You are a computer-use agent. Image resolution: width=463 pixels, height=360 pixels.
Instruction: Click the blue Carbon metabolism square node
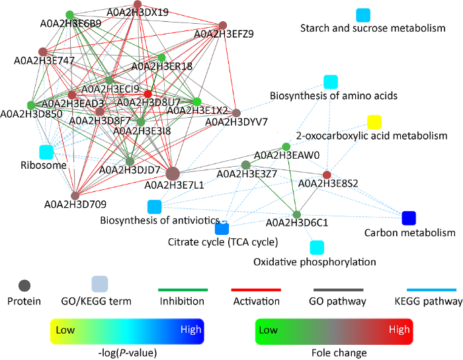(409, 218)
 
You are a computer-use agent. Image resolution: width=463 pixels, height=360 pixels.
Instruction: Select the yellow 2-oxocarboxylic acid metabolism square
(374, 122)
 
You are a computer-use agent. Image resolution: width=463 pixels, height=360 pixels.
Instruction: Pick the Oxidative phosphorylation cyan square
(317, 247)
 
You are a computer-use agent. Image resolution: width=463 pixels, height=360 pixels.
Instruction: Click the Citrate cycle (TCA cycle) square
(222, 228)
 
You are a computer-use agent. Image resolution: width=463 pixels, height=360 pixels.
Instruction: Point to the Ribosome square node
(46, 152)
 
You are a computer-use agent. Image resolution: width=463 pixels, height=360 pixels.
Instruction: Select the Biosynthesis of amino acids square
(331, 82)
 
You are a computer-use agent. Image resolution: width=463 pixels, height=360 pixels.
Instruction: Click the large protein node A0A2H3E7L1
(173, 174)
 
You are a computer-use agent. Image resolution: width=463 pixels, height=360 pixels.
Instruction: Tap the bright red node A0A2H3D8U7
(148, 93)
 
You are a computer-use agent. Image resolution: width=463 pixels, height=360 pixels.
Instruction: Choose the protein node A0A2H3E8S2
(326, 175)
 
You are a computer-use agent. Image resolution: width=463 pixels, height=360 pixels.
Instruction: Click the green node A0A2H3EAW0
(286, 146)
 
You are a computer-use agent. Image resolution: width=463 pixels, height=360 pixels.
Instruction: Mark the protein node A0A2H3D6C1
(296, 214)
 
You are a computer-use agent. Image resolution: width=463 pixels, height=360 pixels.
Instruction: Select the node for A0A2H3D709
(75, 195)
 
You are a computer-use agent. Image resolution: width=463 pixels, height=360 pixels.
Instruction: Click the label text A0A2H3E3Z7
(248, 175)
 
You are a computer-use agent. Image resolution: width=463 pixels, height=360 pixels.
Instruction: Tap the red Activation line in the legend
(256, 289)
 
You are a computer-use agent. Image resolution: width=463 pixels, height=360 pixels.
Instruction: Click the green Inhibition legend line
(183, 289)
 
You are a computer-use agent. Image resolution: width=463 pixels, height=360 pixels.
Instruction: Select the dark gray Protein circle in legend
(24, 286)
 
